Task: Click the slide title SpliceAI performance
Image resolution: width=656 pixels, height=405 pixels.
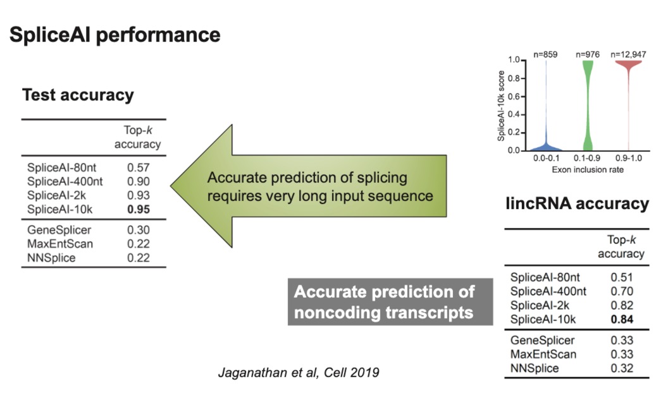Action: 114,35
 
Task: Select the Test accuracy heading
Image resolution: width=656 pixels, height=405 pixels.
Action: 78,95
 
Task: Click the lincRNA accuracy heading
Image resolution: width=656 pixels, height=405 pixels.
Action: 577,203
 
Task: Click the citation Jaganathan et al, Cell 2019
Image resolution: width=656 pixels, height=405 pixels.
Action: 299,372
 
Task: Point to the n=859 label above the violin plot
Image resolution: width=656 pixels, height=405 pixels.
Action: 544,55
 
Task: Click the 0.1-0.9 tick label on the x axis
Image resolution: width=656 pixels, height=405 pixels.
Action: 588,160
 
